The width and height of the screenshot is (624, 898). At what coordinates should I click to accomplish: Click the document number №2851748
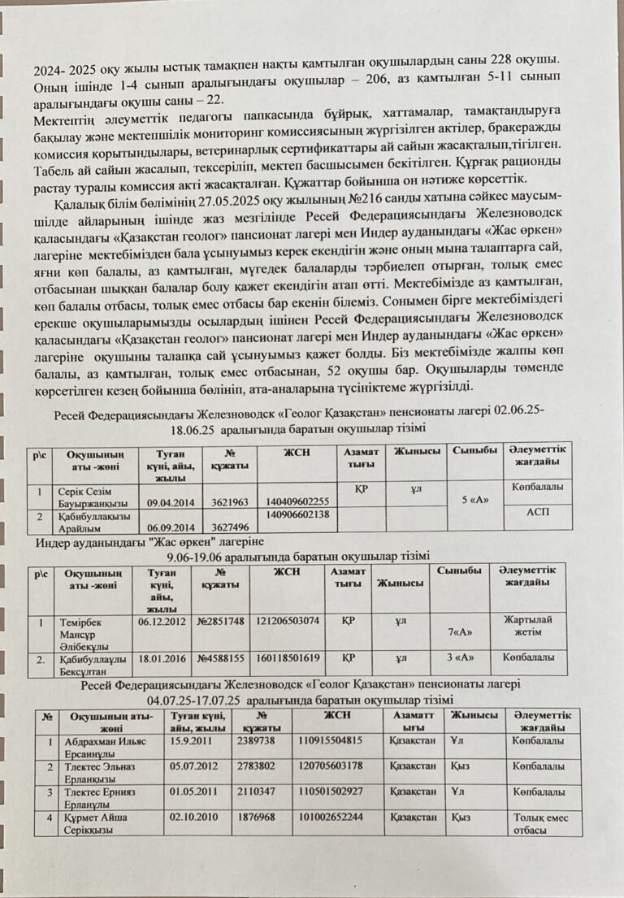pyautogui.click(x=220, y=622)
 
